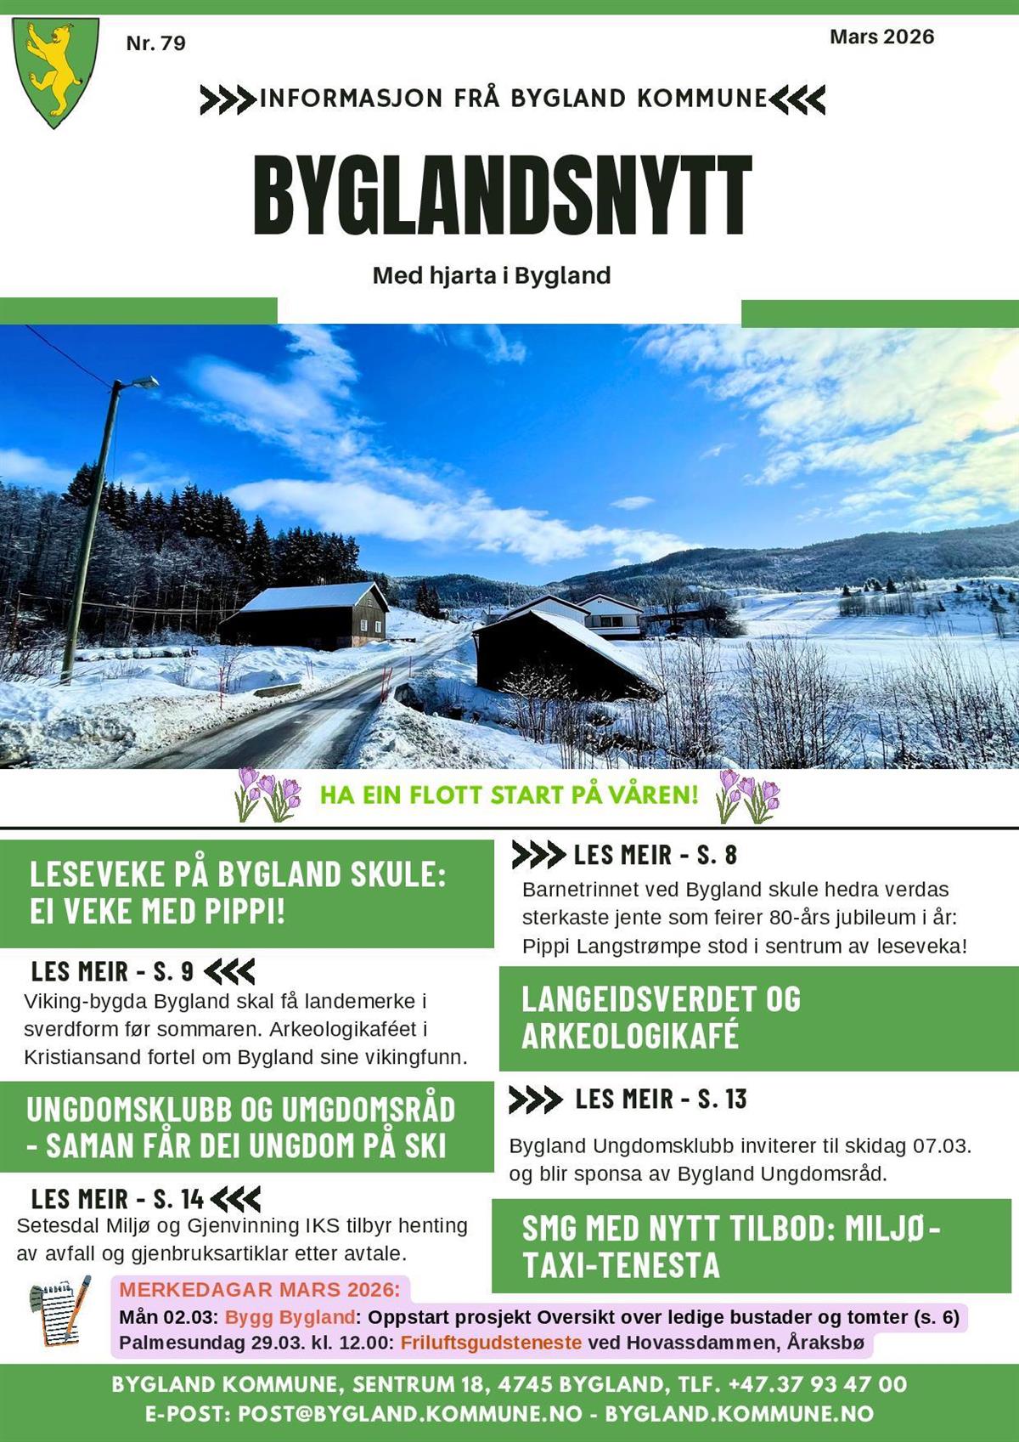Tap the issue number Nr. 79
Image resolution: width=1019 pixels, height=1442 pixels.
click(x=155, y=43)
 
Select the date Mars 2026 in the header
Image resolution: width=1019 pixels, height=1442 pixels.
click(x=881, y=37)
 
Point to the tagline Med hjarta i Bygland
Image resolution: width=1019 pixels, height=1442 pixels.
click(x=491, y=275)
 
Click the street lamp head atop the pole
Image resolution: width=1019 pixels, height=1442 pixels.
click(x=144, y=384)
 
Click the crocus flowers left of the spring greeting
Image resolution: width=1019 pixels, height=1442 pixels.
click(x=268, y=795)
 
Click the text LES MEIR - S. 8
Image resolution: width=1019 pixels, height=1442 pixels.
click(x=655, y=855)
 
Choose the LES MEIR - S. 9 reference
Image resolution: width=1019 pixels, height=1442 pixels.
click(x=112, y=971)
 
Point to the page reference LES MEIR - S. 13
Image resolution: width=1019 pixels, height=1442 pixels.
click(x=660, y=1100)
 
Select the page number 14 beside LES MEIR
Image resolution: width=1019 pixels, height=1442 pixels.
click(x=192, y=1199)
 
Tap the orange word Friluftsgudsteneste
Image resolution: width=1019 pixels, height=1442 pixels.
click(x=491, y=1343)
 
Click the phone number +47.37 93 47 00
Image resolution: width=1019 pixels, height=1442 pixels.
click(x=817, y=1384)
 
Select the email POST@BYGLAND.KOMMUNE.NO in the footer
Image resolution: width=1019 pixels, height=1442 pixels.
click(x=410, y=1413)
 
